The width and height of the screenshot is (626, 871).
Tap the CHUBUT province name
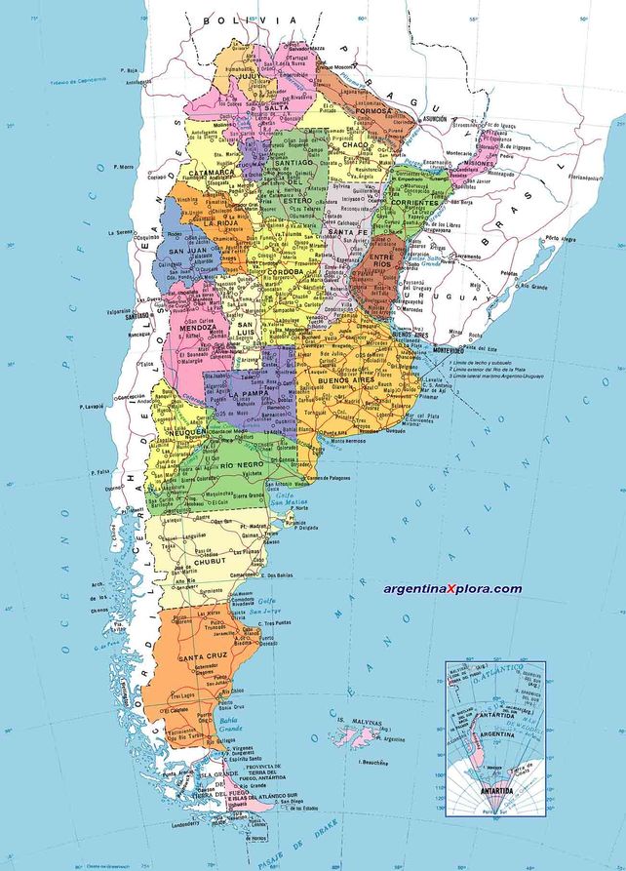(210, 561)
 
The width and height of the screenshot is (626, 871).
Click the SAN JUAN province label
(189, 252)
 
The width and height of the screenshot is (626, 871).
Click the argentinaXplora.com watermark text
(439, 588)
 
